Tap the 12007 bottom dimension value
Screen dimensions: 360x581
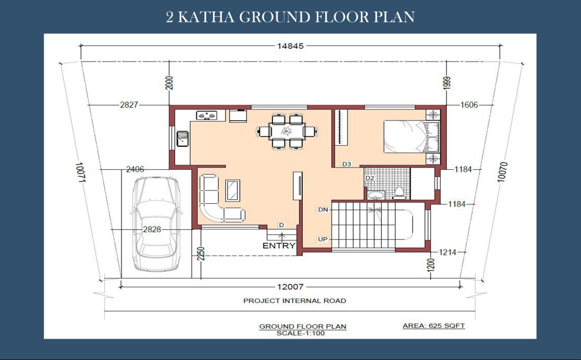coord(290,286)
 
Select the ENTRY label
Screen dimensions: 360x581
coord(279,245)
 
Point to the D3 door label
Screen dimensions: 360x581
coord(346,164)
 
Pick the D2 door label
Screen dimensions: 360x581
coord(370,178)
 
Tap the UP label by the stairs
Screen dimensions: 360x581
coord(322,238)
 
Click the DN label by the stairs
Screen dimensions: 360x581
coord(322,210)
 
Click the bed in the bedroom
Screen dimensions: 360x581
coord(410,137)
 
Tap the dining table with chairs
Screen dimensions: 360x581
coord(286,131)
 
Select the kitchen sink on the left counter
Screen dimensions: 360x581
coord(183,138)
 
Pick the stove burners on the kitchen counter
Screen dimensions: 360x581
coord(210,116)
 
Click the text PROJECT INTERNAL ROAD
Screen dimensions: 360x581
coord(294,301)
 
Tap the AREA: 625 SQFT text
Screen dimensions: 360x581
coord(433,326)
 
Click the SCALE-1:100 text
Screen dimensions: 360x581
coord(302,333)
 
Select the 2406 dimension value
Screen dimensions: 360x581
coord(135,169)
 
